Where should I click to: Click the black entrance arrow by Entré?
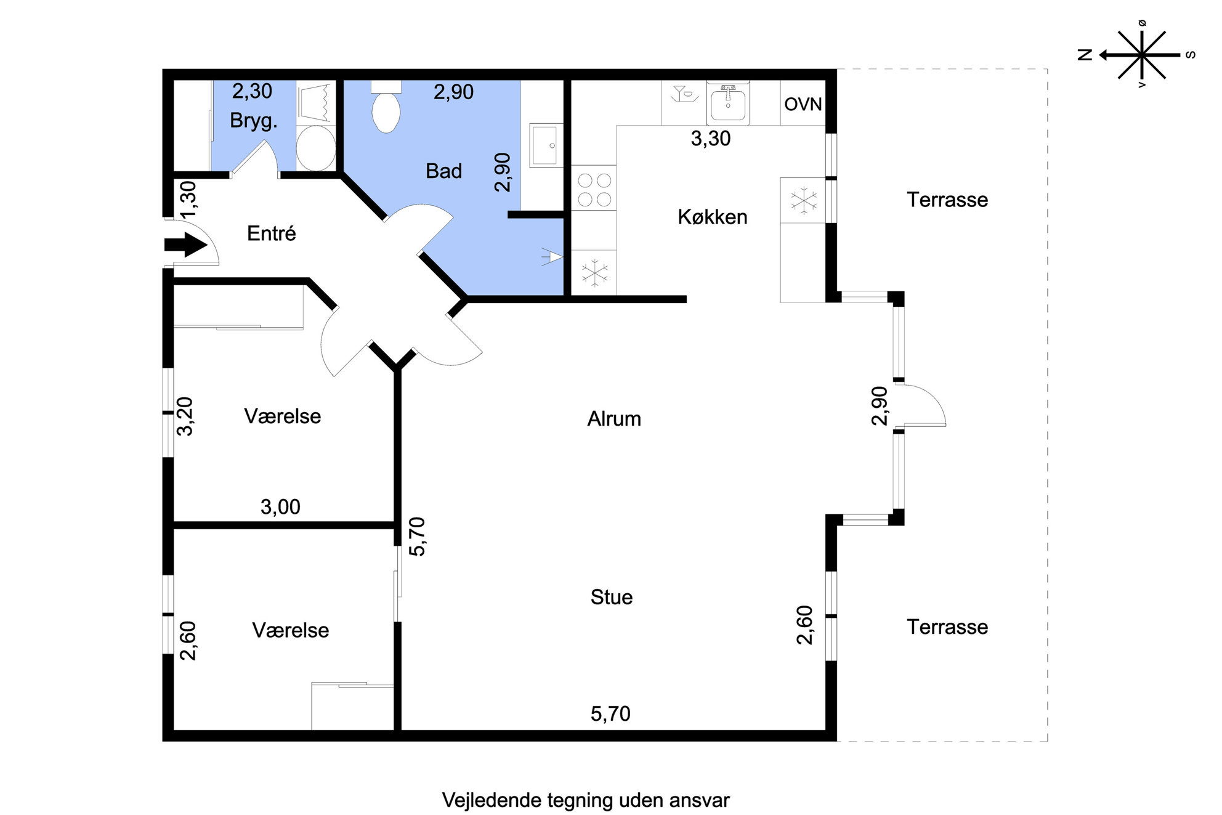tap(185, 245)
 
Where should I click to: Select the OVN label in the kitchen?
tap(803, 104)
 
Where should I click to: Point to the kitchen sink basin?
tap(728, 103)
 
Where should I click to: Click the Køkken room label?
tap(713, 217)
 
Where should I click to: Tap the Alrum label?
tap(614, 419)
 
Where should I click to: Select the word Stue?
tap(612, 597)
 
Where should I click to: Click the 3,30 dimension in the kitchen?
tap(711, 139)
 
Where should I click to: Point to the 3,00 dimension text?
tap(280, 507)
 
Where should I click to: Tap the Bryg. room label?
tap(254, 121)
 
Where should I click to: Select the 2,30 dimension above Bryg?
tap(252, 91)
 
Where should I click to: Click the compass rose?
tap(1141, 55)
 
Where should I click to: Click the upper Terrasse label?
tap(947, 200)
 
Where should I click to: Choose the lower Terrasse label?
tap(947, 627)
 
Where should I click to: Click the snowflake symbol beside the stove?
tap(594, 273)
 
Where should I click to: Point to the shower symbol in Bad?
tap(551, 257)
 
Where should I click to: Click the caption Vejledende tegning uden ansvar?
tap(586, 800)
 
